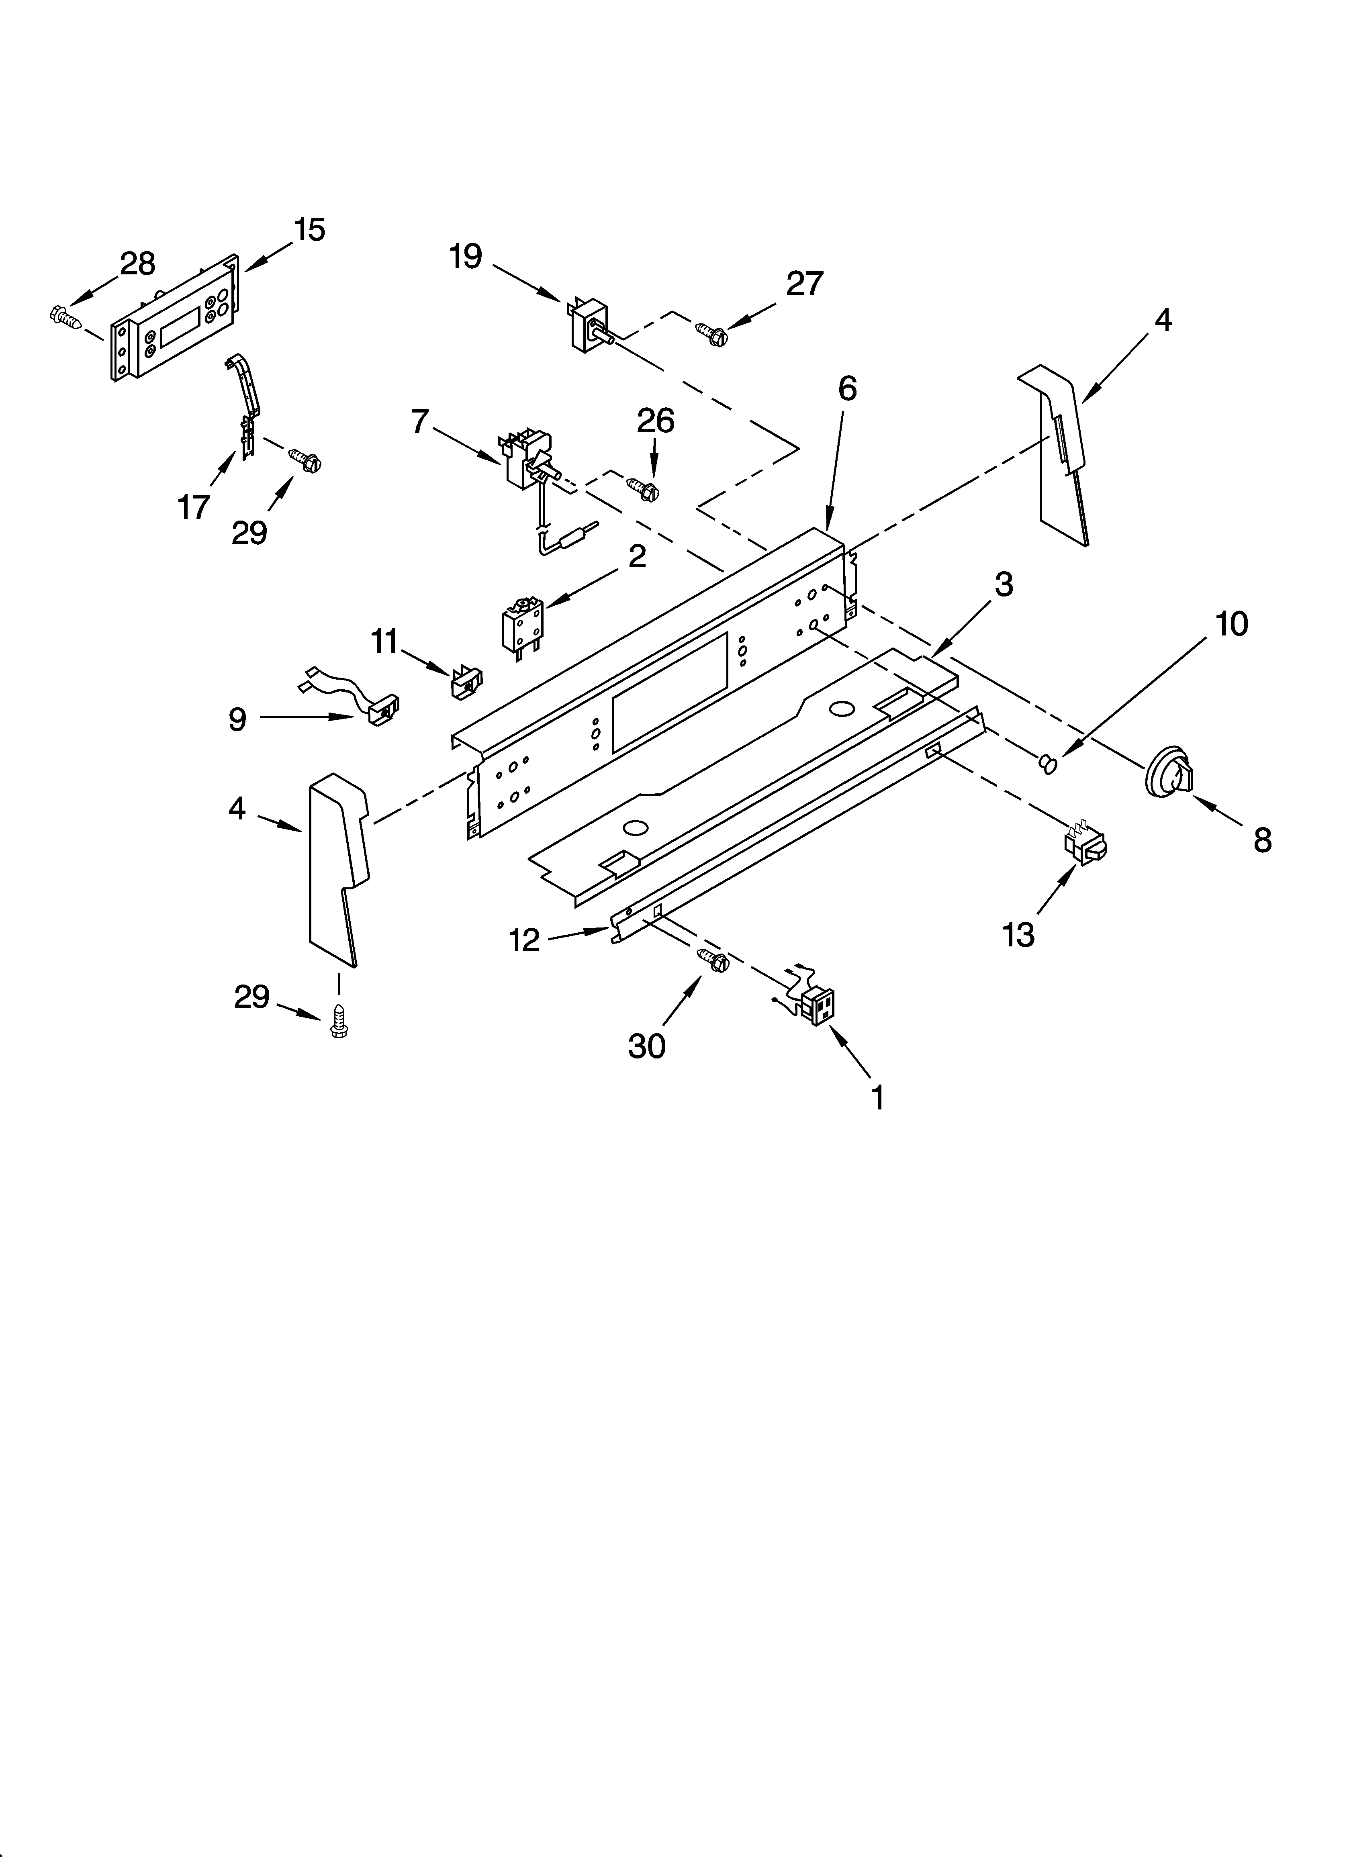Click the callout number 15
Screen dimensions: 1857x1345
(310, 230)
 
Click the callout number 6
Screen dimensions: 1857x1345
(847, 388)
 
